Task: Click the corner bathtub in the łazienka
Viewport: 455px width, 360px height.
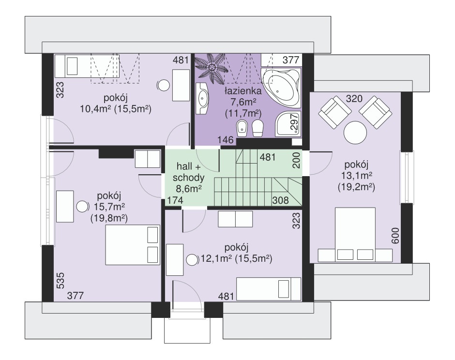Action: (x=281, y=87)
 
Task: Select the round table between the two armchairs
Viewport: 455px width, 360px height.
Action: (x=355, y=133)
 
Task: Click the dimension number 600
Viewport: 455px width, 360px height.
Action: (x=395, y=236)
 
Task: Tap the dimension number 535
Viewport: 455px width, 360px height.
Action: (x=60, y=281)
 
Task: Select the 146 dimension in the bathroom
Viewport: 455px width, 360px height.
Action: (x=226, y=140)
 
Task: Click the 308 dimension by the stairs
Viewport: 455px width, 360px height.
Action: (x=281, y=200)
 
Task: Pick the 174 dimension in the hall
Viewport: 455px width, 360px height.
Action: (x=175, y=200)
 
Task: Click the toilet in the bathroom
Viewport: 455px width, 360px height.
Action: (x=258, y=128)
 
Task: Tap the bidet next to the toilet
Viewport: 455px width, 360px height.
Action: (x=242, y=128)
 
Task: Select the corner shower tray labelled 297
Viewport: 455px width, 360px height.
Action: (x=288, y=123)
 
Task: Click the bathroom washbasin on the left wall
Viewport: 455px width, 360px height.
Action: (x=202, y=98)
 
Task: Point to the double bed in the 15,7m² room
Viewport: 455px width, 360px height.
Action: (x=133, y=245)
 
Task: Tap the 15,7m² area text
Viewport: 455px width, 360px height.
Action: (x=109, y=207)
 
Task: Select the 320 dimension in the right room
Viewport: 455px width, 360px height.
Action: (x=354, y=99)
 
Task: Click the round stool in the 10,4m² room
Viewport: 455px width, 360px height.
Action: (x=164, y=85)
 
